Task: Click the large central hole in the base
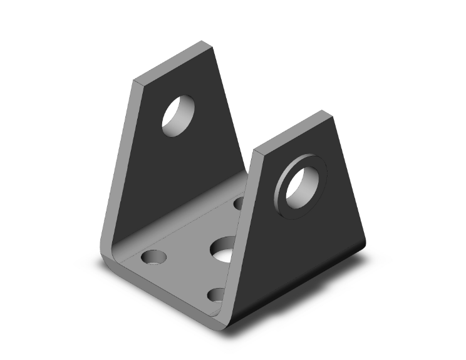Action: point(222,249)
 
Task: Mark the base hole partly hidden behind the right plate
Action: point(239,203)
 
